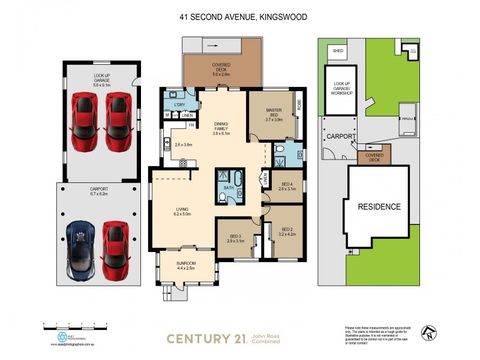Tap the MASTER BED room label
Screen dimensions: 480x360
click(274, 113)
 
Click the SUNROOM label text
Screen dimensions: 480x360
click(185, 263)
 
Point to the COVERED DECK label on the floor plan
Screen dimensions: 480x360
click(221, 67)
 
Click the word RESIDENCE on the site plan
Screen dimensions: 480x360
click(379, 207)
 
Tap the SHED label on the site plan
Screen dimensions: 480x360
click(337, 51)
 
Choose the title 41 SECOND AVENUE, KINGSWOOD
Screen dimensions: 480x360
click(243, 17)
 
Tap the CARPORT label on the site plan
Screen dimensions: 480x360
click(341, 137)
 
